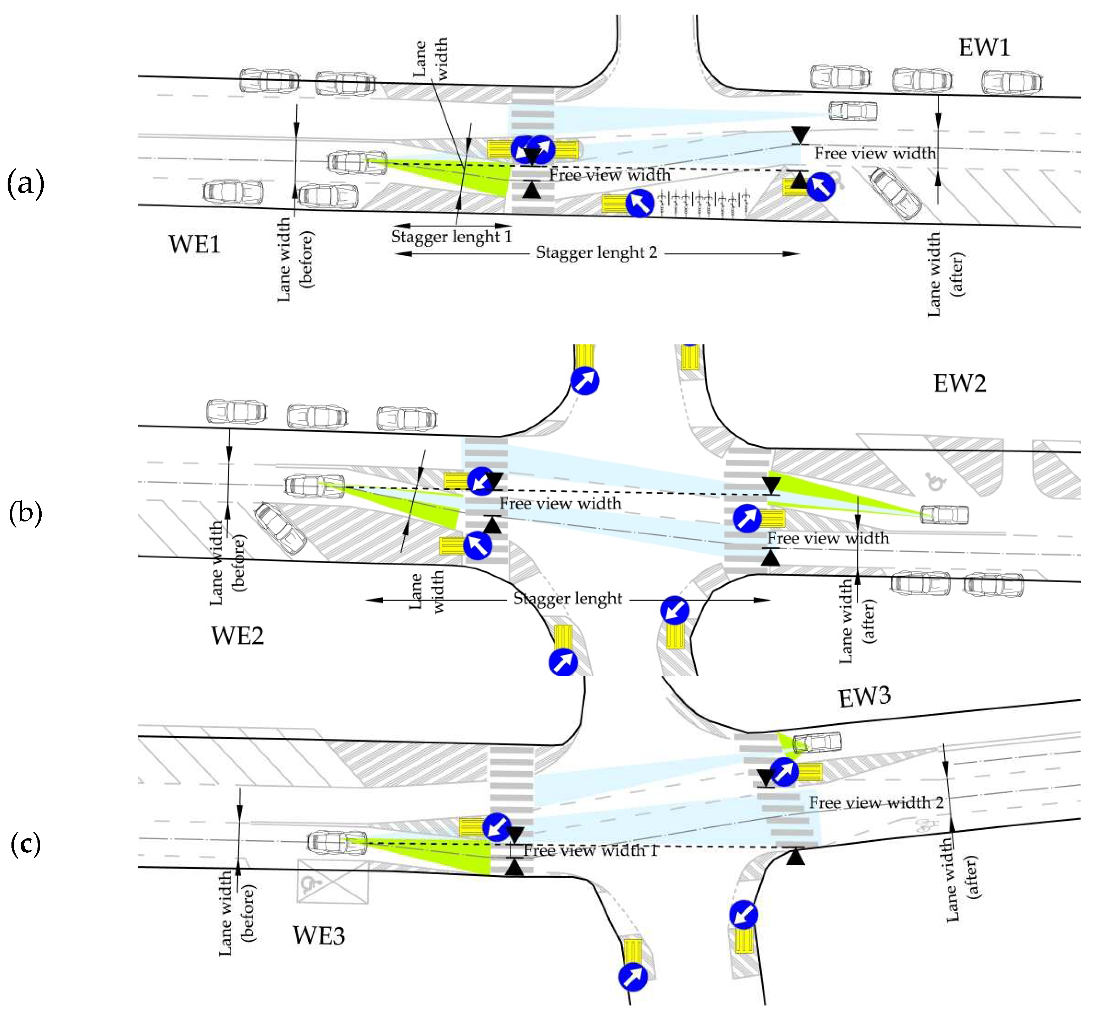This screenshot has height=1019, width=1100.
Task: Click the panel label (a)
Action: coord(25,184)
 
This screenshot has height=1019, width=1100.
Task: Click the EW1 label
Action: coord(984,48)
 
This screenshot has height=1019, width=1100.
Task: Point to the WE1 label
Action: coord(194,244)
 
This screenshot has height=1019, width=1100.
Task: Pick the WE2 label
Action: coord(237,636)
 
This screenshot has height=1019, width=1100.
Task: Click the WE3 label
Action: coord(319,935)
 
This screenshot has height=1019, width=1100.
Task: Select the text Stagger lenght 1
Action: coord(451,236)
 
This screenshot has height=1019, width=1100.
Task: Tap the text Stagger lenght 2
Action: coord(596,252)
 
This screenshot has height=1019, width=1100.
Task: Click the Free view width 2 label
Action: coord(876,802)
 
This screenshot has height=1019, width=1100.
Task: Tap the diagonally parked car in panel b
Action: coord(280,528)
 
